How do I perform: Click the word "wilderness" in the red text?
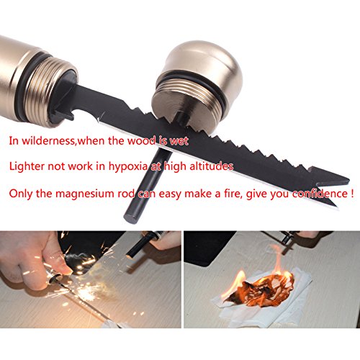point(48,140)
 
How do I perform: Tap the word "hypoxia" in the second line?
point(127,166)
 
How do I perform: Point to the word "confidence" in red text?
point(318,194)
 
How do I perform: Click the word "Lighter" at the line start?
point(27,166)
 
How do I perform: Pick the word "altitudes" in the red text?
point(211,166)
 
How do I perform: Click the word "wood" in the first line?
point(142,140)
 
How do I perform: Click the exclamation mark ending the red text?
point(351,193)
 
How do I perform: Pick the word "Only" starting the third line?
point(20,194)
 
